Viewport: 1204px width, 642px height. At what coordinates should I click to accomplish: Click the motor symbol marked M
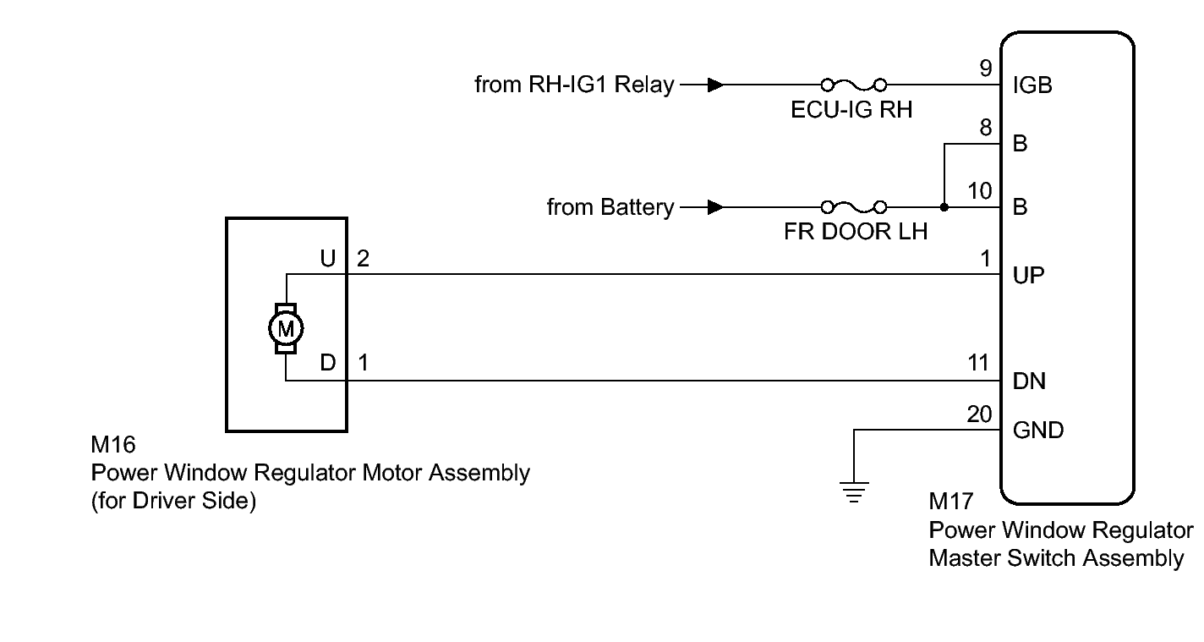click(287, 327)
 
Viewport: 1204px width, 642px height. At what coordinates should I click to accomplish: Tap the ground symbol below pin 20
click(856, 491)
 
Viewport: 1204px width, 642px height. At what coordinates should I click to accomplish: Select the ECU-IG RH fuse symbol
click(853, 85)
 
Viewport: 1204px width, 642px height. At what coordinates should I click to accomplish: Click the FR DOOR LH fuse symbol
click(853, 206)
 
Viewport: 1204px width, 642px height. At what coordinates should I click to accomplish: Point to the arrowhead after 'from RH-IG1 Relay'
click(715, 85)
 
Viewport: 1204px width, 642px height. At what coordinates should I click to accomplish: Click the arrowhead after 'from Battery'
click(715, 206)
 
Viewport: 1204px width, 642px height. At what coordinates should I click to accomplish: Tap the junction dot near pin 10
click(943, 206)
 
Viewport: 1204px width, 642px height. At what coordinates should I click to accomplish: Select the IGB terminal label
click(1032, 85)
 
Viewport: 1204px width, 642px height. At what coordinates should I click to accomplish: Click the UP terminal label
click(1028, 276)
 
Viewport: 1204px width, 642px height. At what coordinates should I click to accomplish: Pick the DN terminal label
click(1029, 381)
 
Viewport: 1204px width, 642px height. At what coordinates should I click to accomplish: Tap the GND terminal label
click(1038, 431)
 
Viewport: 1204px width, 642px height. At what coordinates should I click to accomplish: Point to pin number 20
click(979, 414)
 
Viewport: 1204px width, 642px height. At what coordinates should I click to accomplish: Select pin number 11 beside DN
click(979, 364)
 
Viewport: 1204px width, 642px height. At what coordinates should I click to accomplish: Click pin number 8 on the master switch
click(986, 129)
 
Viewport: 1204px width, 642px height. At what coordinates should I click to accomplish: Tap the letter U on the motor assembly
click(329, 258)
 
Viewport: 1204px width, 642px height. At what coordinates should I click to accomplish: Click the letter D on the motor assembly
click(329, 363)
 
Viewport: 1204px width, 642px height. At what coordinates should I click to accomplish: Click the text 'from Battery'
click(610, 206)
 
